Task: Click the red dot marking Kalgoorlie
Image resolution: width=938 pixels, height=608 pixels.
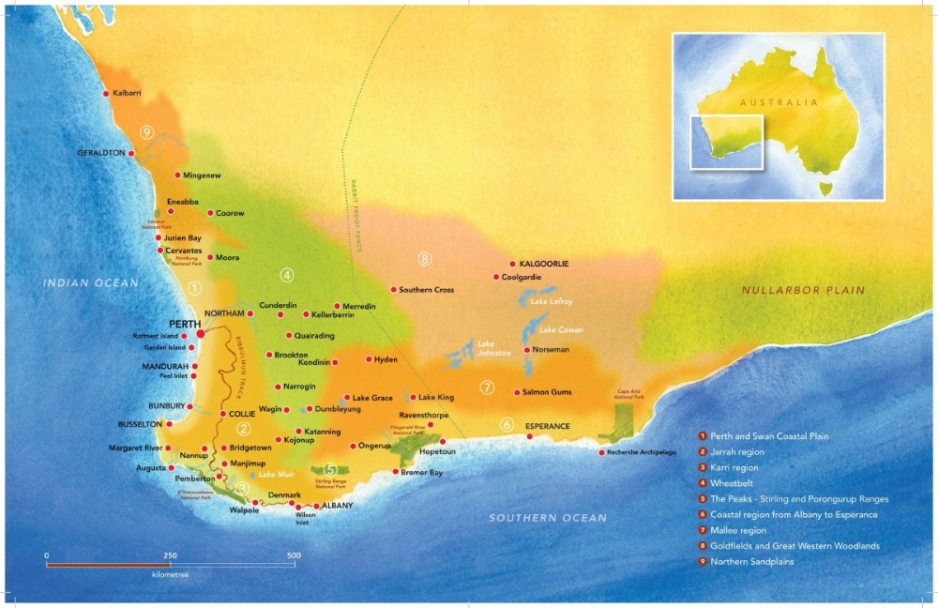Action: (512, 264)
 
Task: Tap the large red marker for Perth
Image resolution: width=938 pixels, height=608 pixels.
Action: (201, 333)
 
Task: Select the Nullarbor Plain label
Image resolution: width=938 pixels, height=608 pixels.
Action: (803, 290)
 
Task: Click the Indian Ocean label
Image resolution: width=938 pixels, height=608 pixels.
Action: (90, 282)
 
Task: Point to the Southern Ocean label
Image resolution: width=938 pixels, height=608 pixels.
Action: (548, 518)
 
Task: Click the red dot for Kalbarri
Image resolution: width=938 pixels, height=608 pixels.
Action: (107, 93)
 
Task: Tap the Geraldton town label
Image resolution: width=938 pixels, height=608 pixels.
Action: (100, 152)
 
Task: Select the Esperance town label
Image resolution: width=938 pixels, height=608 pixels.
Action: (547, 426)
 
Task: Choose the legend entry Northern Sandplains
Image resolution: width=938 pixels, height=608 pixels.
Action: (752, 562)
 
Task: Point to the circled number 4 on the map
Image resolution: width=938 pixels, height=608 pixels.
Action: (287, 275)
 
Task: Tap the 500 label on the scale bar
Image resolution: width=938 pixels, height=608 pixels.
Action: (294, 555)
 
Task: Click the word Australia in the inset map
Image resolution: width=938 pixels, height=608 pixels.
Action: (778, 102)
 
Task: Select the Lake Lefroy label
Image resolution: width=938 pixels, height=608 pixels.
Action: (552, 301)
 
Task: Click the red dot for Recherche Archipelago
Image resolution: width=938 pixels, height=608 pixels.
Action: (601, 452)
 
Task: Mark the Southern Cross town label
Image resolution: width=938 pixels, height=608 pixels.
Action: (426, 290)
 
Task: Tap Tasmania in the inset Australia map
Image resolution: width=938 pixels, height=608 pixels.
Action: (825, 188)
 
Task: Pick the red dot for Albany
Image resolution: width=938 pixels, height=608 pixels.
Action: (316, 506)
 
